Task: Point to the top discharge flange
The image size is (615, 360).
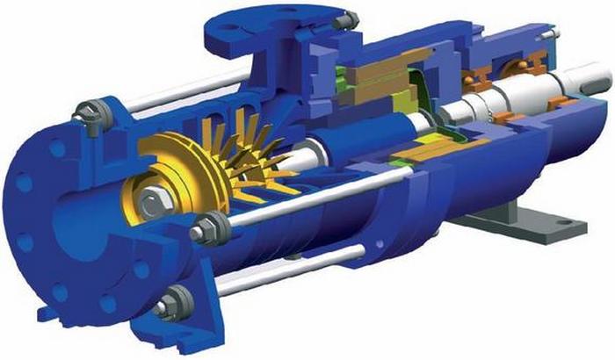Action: tap(264, 26)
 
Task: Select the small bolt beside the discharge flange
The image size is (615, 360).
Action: tap(349, 17)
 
